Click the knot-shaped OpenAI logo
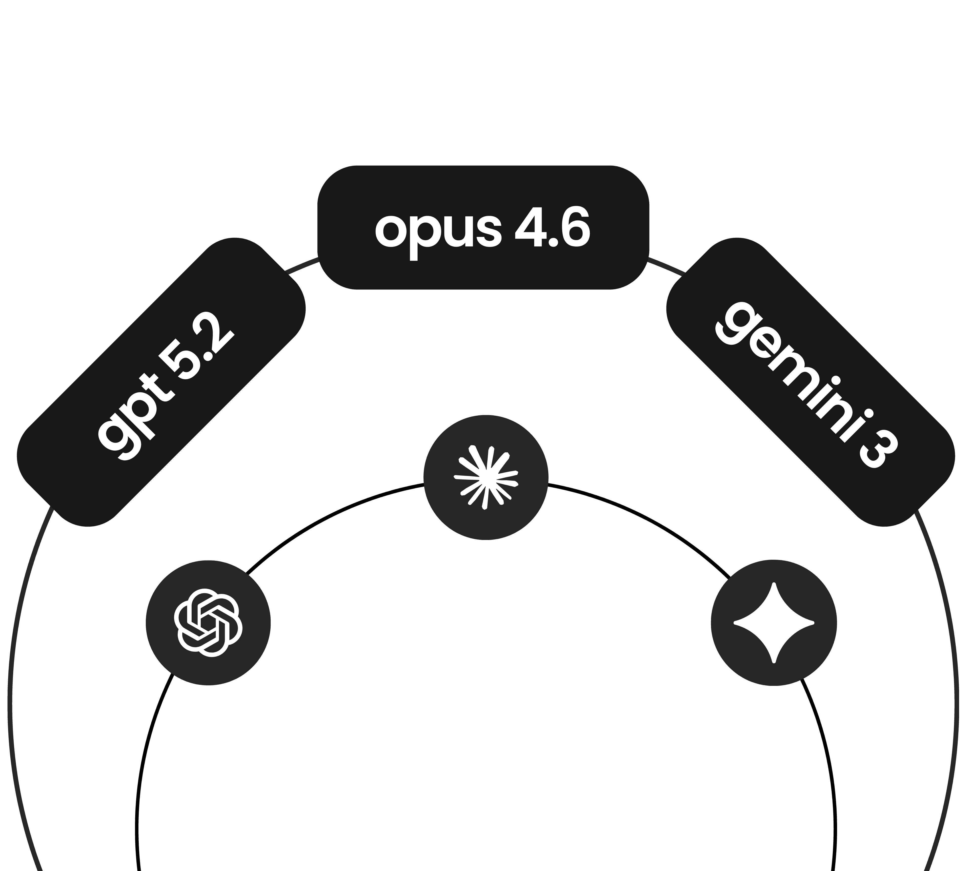pos(208,622)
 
